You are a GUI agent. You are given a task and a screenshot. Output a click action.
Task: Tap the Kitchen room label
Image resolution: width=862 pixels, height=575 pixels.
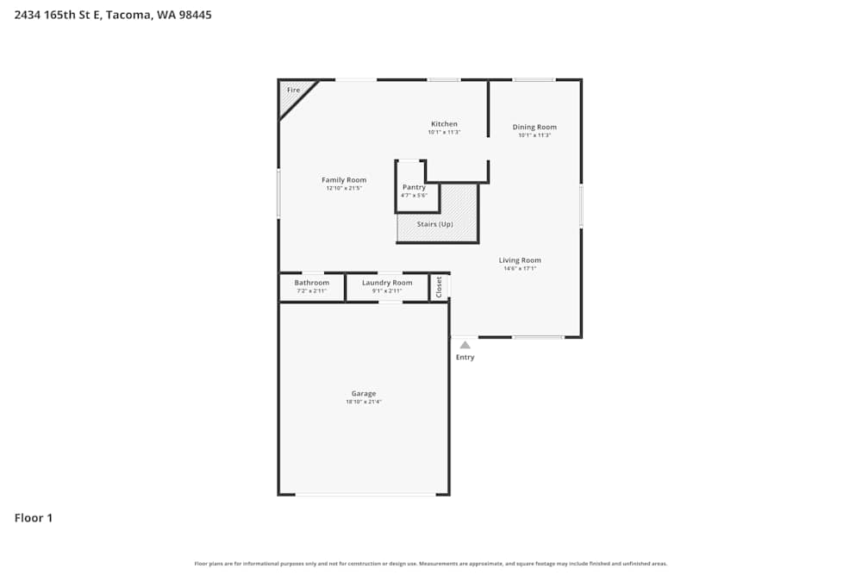click(444, 124)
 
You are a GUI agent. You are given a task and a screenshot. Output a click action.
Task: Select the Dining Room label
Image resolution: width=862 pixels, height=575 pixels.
click(534, 127)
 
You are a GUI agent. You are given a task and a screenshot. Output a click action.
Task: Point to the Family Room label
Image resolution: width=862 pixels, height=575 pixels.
click(344, 180)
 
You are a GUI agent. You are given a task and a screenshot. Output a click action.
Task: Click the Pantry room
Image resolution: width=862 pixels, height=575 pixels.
click(414, 191)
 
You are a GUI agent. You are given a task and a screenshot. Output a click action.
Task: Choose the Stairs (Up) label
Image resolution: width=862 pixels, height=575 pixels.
click(434, 224)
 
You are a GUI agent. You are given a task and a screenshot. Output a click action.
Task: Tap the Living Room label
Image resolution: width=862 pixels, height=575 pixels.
click(520, 260)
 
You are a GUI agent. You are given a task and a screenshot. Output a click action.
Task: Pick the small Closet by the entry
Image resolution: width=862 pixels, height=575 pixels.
click(439, 286)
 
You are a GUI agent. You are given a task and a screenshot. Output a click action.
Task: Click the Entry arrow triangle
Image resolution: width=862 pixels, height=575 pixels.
click(465, 345)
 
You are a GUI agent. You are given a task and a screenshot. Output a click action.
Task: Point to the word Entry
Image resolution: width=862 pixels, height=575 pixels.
click(465, 357)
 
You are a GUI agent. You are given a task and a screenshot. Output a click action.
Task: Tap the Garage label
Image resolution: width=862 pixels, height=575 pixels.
click(363, 394)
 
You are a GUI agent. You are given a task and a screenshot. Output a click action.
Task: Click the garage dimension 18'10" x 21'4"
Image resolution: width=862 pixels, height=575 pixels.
click(363, 402)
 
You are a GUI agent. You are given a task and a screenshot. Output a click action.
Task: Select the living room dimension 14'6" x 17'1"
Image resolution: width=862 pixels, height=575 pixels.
click(520, 268)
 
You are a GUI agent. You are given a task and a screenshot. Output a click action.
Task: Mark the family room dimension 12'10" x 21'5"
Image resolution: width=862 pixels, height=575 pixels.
click(344, 188)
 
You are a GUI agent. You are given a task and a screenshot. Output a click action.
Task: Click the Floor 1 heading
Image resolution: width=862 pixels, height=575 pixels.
click(34, 518)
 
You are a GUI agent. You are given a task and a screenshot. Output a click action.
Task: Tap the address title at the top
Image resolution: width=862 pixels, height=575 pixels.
click(113, 15)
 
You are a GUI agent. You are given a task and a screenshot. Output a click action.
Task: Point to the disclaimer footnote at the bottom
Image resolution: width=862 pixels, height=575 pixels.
click(430, 564)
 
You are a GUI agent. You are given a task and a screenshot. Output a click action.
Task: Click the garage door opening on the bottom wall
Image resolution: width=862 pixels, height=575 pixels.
click(365, 494)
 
